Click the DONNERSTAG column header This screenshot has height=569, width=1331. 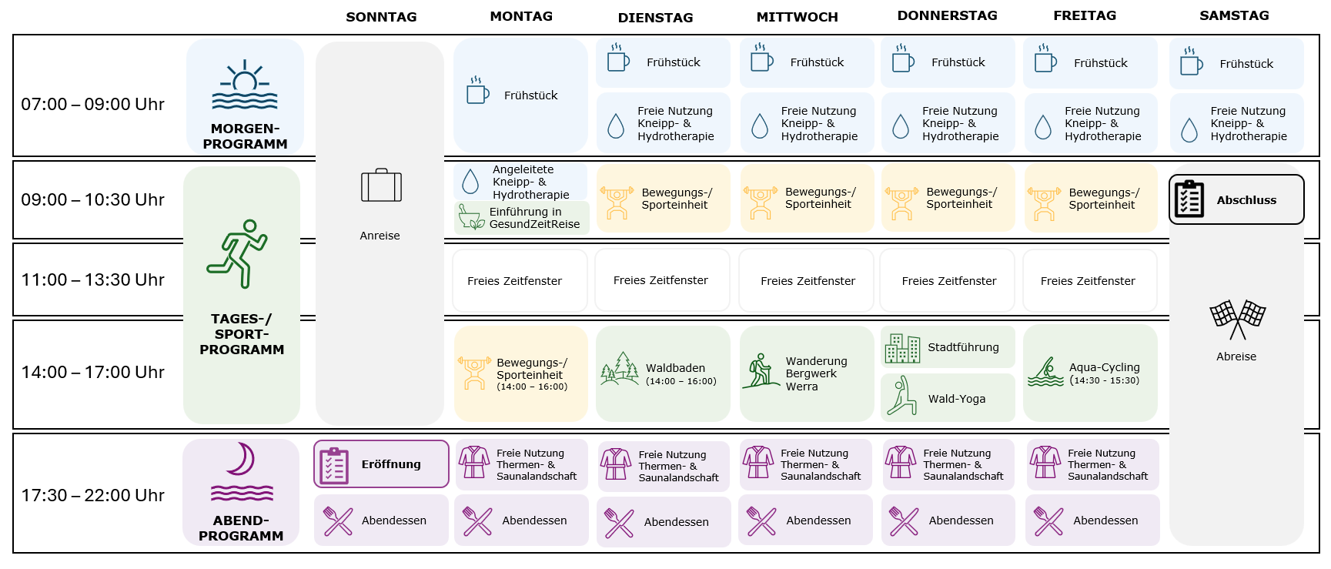pos(947,15)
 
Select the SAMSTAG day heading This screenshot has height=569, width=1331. pos(1234,15)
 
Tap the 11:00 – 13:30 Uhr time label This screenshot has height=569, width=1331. pos(92,279)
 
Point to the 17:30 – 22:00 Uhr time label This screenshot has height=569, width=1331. pos(92,495)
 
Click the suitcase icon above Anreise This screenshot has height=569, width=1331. pos(381,185)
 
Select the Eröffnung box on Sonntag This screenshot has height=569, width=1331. pos(381,464)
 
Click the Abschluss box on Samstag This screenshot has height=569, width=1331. pos(1236,199)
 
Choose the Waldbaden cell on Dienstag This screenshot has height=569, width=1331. pos(663,373)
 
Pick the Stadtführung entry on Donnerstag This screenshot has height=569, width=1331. pos(948,347)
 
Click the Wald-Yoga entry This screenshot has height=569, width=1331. pos(948,397)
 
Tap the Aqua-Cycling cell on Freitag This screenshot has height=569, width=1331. pos(1090,373)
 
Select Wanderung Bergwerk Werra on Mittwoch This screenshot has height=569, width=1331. pos(806,373)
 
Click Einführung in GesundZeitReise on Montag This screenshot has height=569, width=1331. pos(522,217)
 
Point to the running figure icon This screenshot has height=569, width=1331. pos(237,254)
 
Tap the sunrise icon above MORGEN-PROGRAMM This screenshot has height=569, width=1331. pos(245,85)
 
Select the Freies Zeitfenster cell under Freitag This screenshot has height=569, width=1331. pos(1089,280)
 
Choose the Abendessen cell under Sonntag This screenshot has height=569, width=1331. pos(381,520)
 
